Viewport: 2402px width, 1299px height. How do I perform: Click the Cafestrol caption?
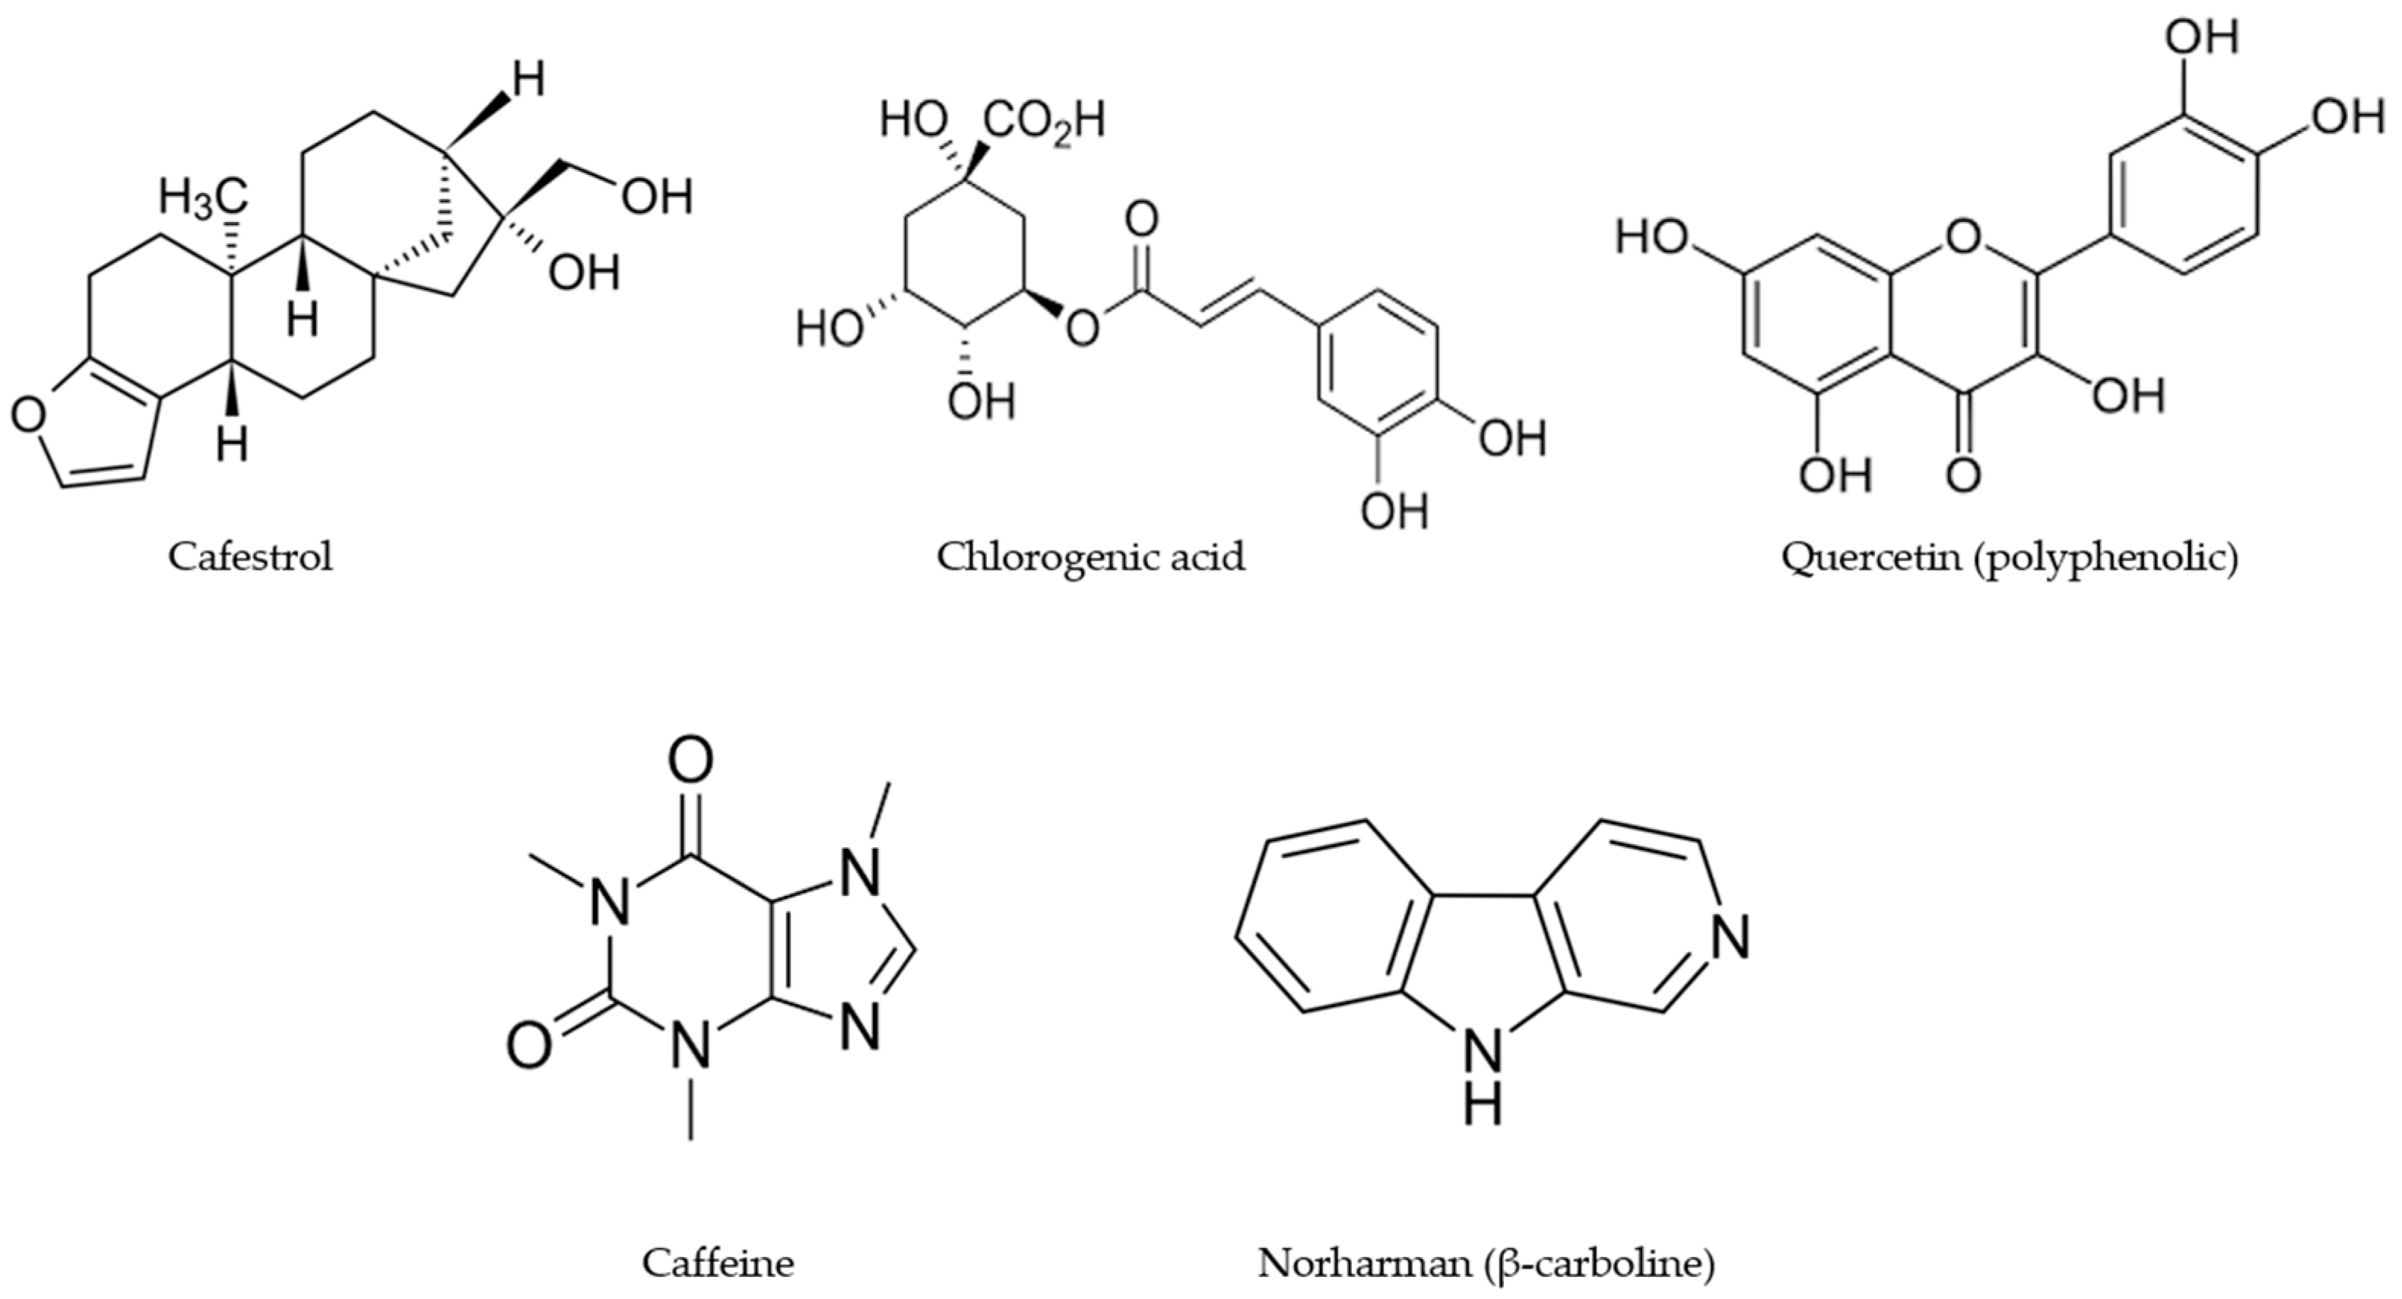tap(250, 557)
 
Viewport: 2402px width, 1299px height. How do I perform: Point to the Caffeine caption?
tap(717, 1263)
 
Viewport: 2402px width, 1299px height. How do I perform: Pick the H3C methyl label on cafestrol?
tap(203, 199)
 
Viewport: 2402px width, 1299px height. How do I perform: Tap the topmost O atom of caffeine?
tap(691, 760)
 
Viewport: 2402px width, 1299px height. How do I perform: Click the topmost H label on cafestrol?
tap(528, 81)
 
